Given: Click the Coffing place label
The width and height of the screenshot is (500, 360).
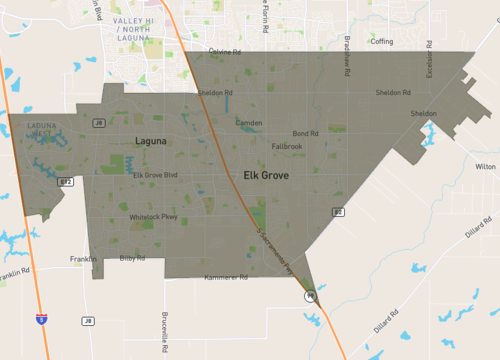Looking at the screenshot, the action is click(x=382, y=41).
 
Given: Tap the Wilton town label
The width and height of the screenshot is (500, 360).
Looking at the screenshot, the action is click(x=485, y=166).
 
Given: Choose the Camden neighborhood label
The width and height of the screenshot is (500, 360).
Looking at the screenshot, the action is click(x=248, y=123).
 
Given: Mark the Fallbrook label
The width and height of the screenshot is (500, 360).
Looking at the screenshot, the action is click(x=287, y=146).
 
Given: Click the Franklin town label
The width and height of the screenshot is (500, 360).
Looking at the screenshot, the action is click(x=83, y=259).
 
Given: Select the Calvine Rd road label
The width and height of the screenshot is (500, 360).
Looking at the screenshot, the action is click(x=227, y=51).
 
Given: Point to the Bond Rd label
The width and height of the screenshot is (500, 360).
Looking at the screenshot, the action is click(x=305, y=133).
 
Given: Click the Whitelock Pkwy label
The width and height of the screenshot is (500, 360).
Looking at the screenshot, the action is click(x=153, y=217).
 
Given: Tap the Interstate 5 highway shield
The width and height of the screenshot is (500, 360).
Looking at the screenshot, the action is click(x=40, y=319).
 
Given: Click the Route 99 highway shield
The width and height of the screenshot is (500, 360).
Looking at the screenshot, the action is click(x=311, y=296).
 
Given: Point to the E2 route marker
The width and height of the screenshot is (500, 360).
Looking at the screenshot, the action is click(x=338, y=212).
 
